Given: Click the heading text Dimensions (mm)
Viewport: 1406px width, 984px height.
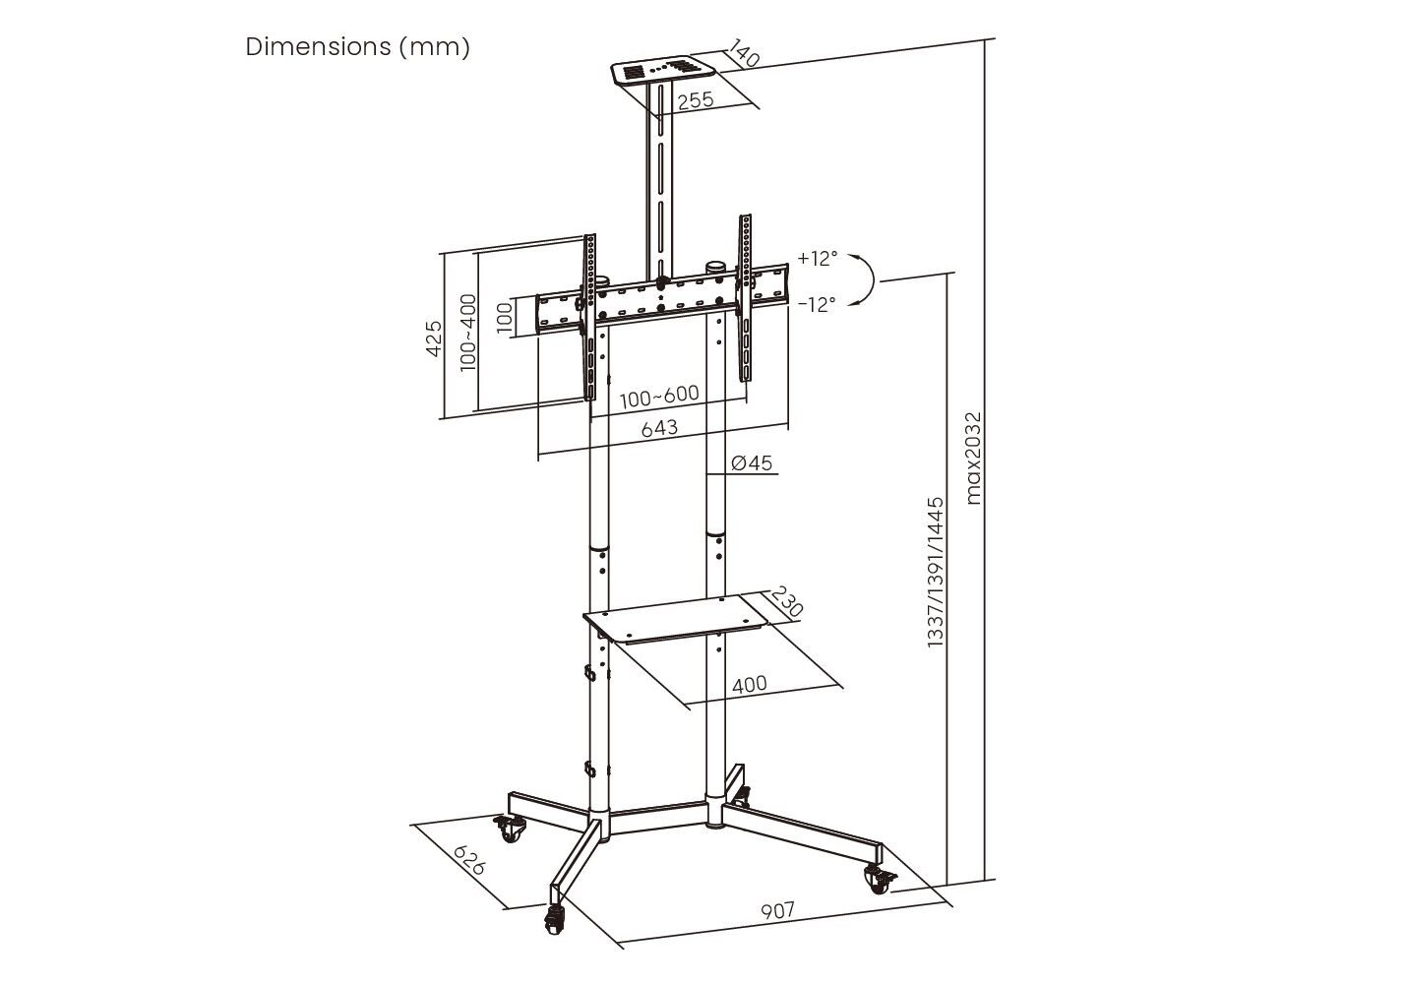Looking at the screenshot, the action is coord(357,47).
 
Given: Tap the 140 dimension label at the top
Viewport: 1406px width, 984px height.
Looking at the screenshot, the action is coord(745,53).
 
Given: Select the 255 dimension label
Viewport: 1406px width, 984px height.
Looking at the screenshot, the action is coord(696,99).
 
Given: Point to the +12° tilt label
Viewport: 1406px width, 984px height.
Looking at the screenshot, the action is coord(818,258).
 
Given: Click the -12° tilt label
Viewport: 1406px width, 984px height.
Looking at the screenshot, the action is coord(817,304).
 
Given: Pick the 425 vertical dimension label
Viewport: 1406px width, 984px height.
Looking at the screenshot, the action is coord(434,338).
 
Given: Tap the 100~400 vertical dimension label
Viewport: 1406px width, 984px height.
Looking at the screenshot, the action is coord(468,333).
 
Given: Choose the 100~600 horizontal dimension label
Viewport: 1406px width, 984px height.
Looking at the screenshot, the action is coord(659,397).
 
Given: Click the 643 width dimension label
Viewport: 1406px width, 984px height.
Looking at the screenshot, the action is coord(659,428).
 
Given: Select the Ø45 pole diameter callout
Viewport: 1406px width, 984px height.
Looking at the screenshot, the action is coord(752,463).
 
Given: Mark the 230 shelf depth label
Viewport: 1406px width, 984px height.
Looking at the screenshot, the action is coord(787,601).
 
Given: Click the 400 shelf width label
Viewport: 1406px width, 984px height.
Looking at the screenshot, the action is coord(750,684).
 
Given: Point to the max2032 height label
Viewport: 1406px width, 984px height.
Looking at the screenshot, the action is coord(972,459).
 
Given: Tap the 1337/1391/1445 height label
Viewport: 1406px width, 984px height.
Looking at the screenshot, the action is coord(936,573).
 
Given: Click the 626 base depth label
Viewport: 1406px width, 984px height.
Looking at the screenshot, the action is coord(469,860).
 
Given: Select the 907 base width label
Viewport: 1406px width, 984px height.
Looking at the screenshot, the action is coord(777,910).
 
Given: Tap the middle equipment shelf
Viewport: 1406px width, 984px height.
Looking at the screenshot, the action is coord(675,619).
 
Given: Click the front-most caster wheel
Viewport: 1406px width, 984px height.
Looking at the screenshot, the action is coord(554,921).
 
